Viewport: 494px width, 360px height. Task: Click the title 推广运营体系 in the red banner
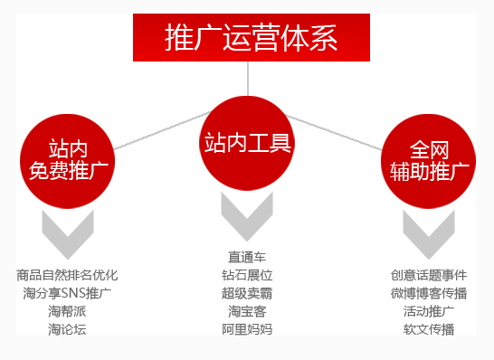click(252, 38)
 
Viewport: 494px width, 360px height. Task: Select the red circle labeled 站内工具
click(247, 143)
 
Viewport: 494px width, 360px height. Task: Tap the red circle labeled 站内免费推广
click(68, 161)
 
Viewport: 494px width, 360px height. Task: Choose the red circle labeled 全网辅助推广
click(429, 161)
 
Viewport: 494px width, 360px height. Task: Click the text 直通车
click(247, 257)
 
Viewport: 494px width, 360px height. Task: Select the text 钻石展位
click(247, 275)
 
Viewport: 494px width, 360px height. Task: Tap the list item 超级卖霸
click(247, 293)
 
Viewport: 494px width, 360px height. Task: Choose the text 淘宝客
click(247, 311)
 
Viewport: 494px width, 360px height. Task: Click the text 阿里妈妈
click(247, 329)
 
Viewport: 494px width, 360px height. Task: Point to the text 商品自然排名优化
click(67, 275)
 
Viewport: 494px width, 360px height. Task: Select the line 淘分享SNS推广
click(67, 293)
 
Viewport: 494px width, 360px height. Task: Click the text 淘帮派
click(67, 311)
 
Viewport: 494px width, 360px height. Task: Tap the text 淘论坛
click(67, 329)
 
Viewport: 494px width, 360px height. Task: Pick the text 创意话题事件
click(429, 275)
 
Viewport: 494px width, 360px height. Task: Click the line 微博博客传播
click(429, 293)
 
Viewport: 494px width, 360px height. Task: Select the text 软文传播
click(429, 329)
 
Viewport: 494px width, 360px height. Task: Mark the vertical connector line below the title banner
click(248, 79)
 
